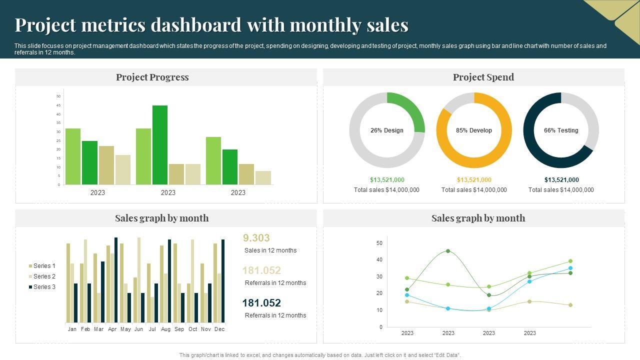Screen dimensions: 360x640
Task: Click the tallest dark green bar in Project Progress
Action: pos(160,145)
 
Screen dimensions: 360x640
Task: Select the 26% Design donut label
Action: pos(386,130)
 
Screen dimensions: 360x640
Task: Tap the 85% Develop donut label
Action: pos(474,130)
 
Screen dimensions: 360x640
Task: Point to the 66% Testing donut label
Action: pos(561,130)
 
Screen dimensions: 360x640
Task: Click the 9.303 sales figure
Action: pos(256,238)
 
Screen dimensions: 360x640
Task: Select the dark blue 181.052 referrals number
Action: pos(261,303)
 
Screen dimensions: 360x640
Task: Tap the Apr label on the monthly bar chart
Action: pos(112,329)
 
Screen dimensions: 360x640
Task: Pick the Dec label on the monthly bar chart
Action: pos(219,329)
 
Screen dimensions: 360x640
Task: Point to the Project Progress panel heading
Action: pos(152,77)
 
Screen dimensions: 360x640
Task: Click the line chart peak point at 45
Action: pos(448,251)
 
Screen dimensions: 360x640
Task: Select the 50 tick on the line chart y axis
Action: pos(379,243)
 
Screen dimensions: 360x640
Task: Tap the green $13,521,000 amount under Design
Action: pos(387,180)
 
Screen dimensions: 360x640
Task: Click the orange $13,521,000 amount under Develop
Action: pos(474,180)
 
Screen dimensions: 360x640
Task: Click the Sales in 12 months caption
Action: pos(270,250)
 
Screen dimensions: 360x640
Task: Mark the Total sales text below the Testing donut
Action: pos(561,190)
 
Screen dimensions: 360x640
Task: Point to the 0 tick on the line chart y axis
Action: pos(381,327)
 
